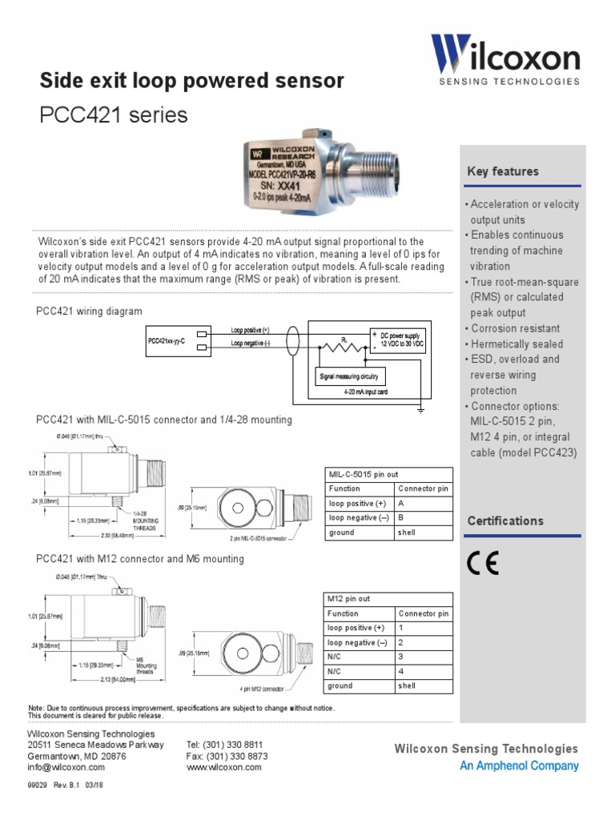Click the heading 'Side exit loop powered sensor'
pyautogui.click(x=192, y=81)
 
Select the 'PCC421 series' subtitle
pyautogui.click(x=114, y=115)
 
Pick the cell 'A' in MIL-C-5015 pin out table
pyautogui.click(x=401, y=503)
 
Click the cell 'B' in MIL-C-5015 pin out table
pyautogui.click(x=401, y=517)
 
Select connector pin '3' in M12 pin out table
pyautogui.click(x=401, y=657)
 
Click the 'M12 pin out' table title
pyautogui.click(x=348, y=599)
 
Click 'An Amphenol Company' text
pyautogui.click(x=519, y=766)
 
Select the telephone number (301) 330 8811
pyautogui.click(x=224, y=745)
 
